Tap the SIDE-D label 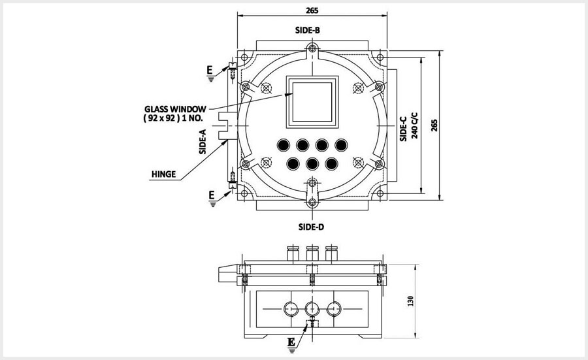point(312,227)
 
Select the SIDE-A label point(203,141)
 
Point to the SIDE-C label point(403,129)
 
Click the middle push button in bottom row point(313,163)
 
